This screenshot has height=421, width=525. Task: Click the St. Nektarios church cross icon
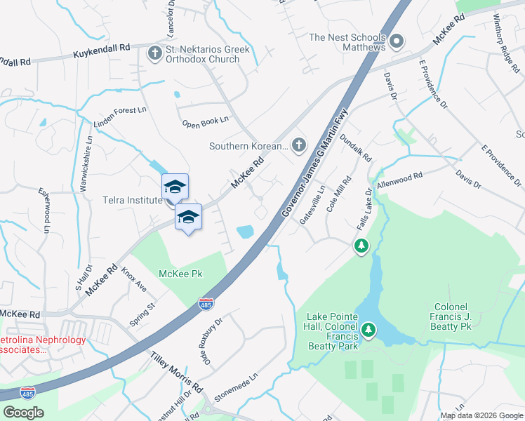tap(154, 53)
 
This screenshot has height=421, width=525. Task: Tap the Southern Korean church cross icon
tap(299, 146)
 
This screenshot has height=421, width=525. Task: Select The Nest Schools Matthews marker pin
tap(397, 42)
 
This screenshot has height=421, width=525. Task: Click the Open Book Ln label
tap(206, 122)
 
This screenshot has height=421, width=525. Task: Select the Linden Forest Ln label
tap(120, 119)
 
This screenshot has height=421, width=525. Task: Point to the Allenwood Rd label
tap(399, 180)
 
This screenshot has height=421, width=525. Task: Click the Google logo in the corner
tap(23, 412)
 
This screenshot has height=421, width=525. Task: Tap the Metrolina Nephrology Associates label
tap(44, 345)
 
